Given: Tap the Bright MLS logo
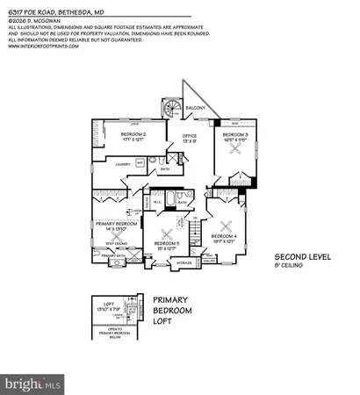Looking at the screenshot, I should (33, 383).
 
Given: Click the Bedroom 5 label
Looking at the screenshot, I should (166, 242).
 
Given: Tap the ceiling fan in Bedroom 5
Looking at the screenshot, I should (166, 232).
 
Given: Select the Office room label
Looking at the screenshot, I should (189, 135).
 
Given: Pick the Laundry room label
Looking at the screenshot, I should (124, 163).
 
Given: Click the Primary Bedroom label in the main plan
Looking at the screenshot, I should (115, 225).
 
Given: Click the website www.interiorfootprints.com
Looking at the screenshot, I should (44, 47).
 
